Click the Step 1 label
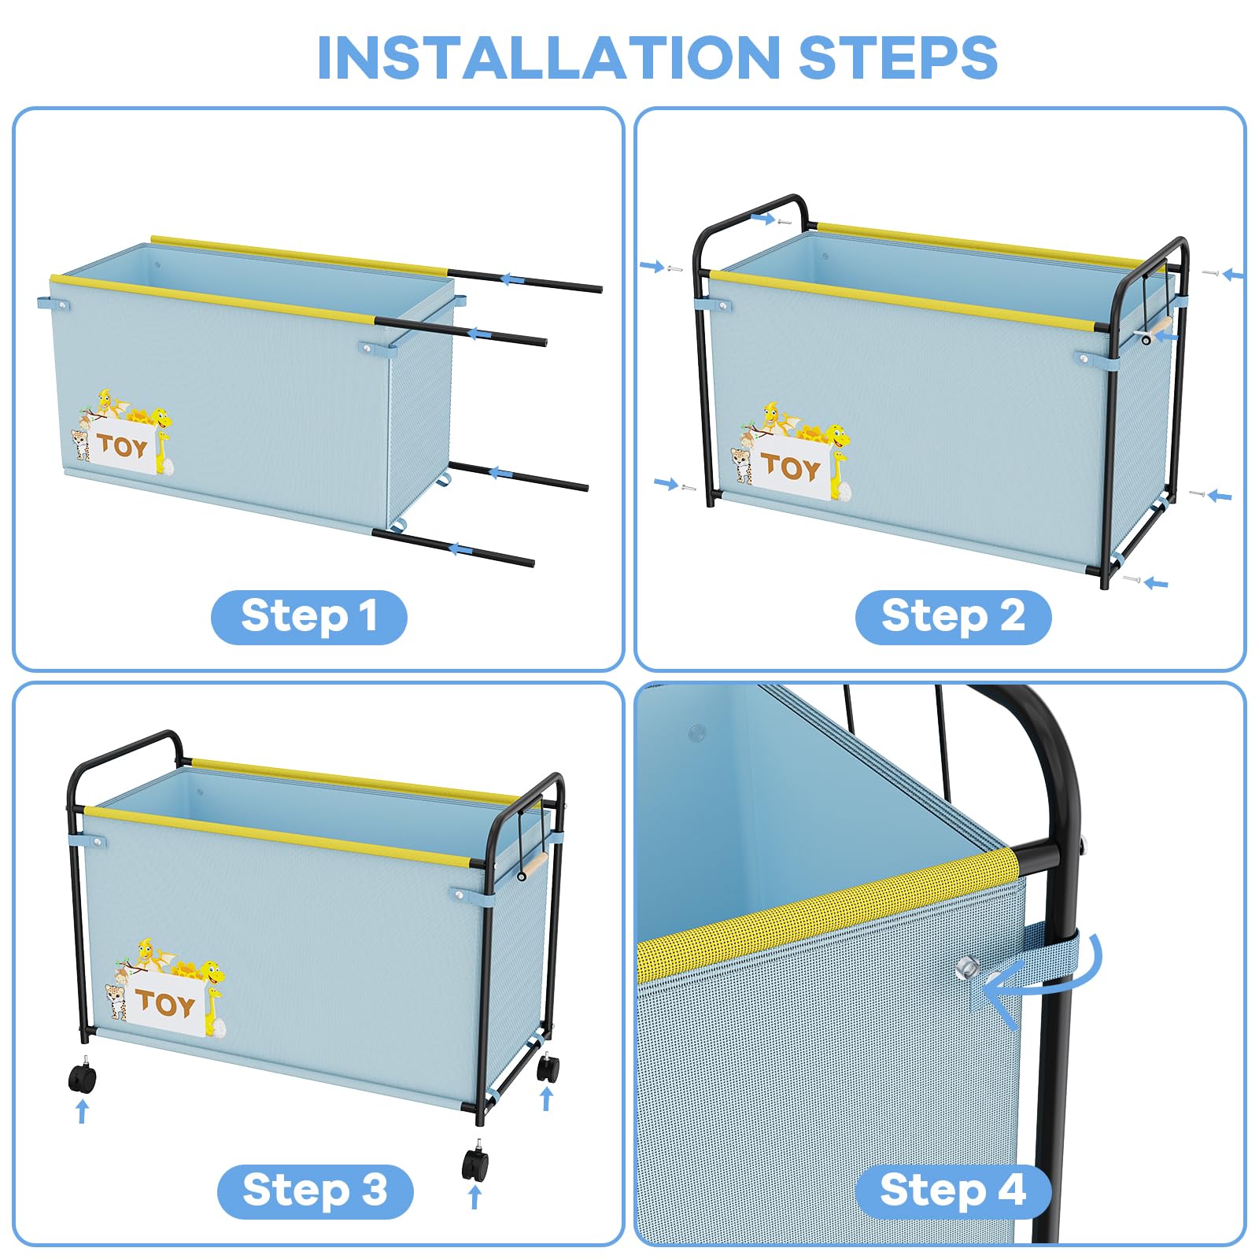point(309,616)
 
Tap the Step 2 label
point(953,616)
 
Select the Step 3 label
point(315,1191)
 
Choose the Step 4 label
point(953,1191)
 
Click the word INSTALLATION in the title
point(547,57)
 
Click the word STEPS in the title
point(898,57)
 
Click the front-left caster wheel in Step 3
point(83,1075)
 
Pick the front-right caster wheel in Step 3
point(474,1163)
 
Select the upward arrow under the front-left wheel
point(82,1112)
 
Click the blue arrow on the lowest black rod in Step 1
point(460,548)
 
